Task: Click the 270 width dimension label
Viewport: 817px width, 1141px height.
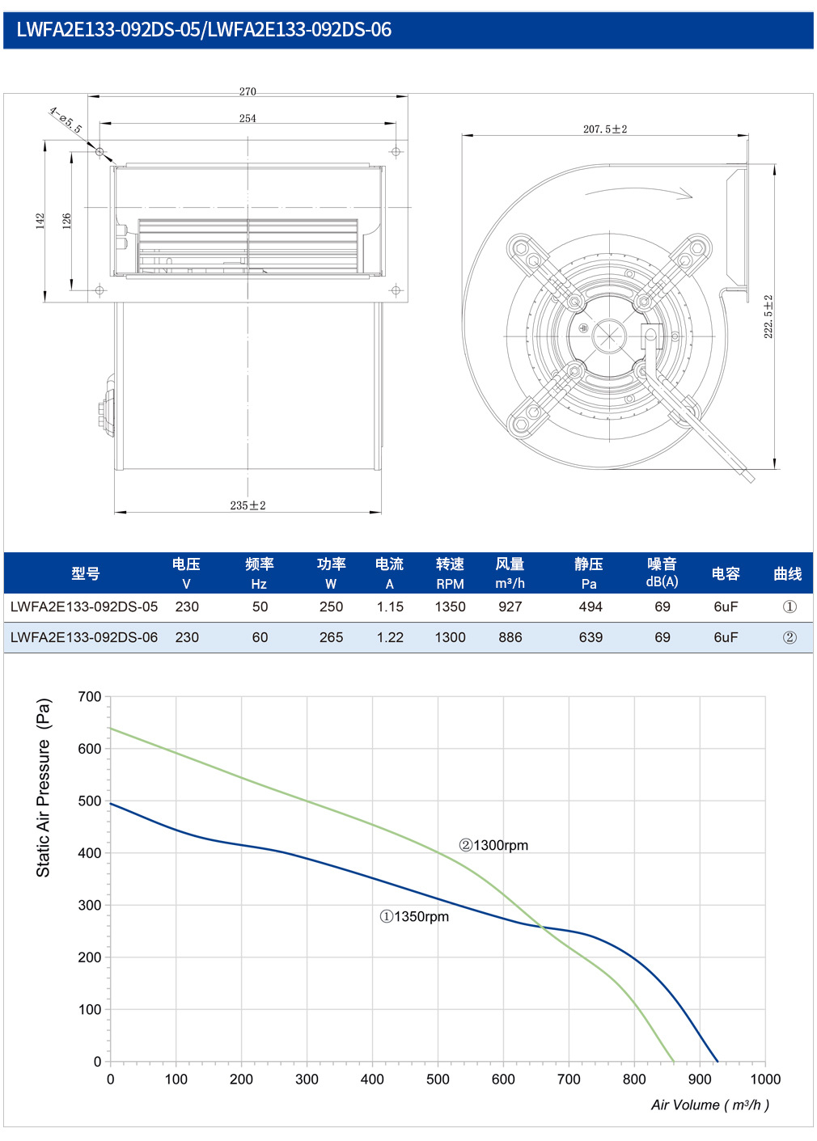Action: click(248, 91)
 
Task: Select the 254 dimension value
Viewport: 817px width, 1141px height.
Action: click(248, 118)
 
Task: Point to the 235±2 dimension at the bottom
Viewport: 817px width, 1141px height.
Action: click(248, 505)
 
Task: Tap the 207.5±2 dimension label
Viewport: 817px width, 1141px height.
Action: click(605, 129)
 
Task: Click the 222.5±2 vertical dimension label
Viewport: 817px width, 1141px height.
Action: click(768, 316)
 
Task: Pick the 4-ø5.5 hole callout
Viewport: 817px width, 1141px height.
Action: click(66, 120)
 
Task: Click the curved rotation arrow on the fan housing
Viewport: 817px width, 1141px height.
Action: click(638, 192)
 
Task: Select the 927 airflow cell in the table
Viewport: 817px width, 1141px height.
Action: click(510, 606)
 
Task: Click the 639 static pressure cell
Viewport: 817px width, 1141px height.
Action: click(591, 637)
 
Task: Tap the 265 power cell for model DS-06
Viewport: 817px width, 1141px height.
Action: click(332, 637)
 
